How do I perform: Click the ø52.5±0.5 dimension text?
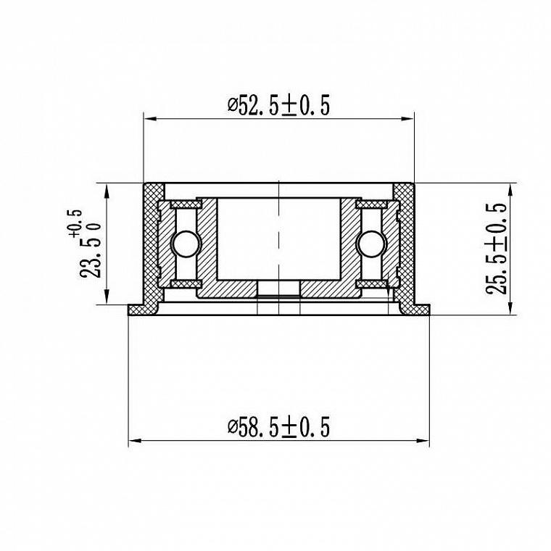point(278,105)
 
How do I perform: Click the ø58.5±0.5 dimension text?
point(278,426)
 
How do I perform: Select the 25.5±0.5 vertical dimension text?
point(496,248)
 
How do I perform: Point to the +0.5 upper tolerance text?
point(75,223)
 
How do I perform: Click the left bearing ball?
point(186,244)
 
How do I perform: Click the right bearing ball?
point(371,244)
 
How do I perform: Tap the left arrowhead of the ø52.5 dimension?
point(150,119)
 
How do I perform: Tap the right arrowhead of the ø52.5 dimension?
point(407,119)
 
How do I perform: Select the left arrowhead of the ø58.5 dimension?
point(135,440)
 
